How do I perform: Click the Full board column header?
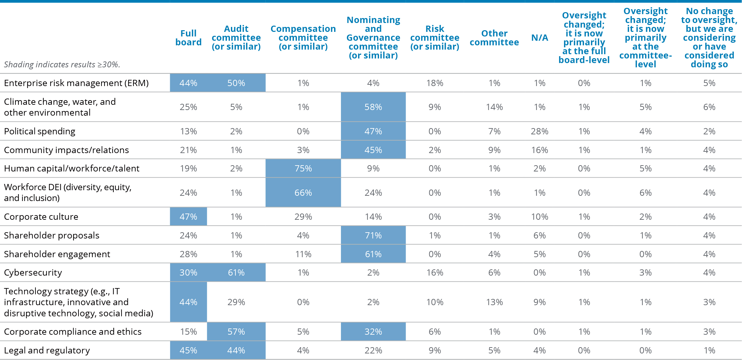pyautogui.click(x=188, y=38)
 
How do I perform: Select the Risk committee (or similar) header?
pyautogui.click(x=435, y=38)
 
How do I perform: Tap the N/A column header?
pyautogui.click(x=540, y=38)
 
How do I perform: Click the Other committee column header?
pyautogui.click(x=494, y=38)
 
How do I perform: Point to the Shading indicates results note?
pyautogui.click(x=62, y=64)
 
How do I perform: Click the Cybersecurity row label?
pyautogui.click(x=33, y=273)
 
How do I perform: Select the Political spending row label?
pyautogui.click(x=40, y=131)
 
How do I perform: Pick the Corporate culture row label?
pyautogui.click(x=41, y=217)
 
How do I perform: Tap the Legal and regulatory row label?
pyautogui.click(x=47, y=350)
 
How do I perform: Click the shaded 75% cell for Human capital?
pyautogui.click(x=303, y=169)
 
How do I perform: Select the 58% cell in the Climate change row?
pyautogui.click(x=373, y=107)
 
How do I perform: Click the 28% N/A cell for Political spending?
pyautogui.click(x=540, y=131)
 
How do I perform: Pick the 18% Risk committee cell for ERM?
pyautogui.click(x=435, y=83)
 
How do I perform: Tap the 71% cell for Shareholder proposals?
pyautogui.click(x=373, y=236)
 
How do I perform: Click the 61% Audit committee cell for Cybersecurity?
pyautogui.click(x=236, y=273)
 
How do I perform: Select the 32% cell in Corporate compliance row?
pyautogui.click(x=373, y=332)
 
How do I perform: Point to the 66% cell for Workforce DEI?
pyautogui.click(x=303, y=193)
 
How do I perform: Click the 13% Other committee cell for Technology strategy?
pyautogui.click(x=494, y=302)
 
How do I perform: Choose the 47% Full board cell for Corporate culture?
pyautogui.click(x=188, y=217)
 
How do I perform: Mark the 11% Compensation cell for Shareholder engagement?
pyautogui.click(x=303, y=254)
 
